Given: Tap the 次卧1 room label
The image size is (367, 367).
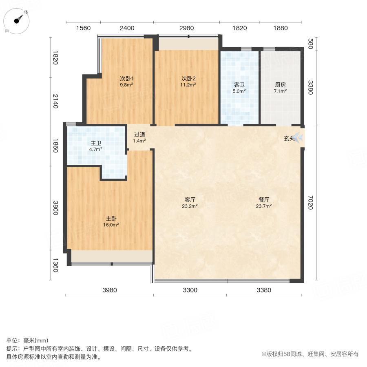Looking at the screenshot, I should (127, 78).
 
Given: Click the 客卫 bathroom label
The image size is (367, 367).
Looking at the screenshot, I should (239, 85).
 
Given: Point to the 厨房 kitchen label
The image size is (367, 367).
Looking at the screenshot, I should (280, 85).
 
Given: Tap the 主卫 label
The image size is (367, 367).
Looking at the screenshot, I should (96, 143).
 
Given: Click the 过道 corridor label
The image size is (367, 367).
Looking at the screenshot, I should (139, 135).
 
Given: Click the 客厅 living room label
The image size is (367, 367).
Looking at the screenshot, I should (190, 200).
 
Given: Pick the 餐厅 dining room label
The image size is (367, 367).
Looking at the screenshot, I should (264, 200).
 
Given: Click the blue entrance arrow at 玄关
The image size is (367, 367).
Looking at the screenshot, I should (299, 138).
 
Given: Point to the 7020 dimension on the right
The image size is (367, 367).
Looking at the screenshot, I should (310, 203).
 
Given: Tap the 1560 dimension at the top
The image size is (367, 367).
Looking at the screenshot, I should (83, 28).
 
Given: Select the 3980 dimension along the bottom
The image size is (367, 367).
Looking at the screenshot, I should (109, 290).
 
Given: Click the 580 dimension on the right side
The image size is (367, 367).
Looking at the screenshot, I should (310, 44).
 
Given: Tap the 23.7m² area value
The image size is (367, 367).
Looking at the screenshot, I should (264, 206).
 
